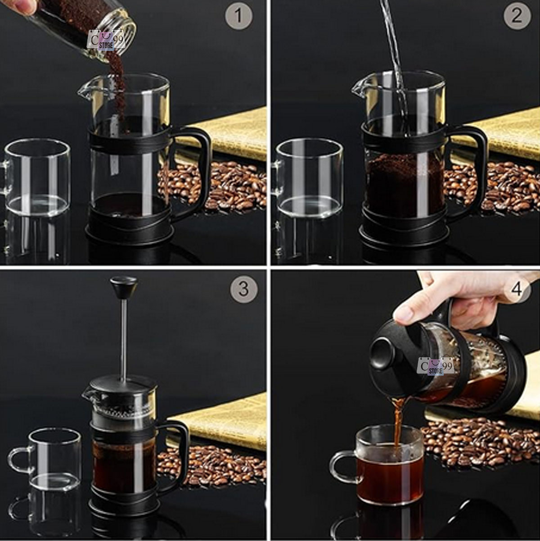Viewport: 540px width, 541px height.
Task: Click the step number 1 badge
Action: pos(238,17)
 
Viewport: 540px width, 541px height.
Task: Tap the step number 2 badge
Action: pos(517,17)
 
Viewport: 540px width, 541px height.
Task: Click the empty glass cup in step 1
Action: pos(37,178)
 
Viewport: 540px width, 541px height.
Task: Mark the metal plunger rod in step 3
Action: pos(123,338)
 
